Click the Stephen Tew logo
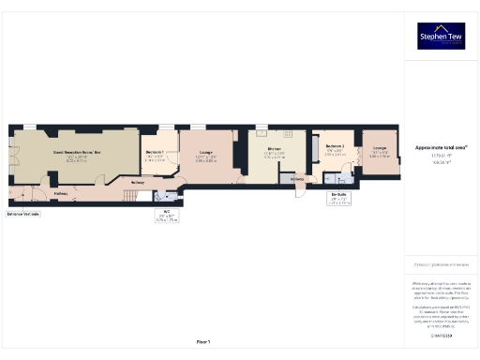[440, 37]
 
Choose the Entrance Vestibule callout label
[23, 214]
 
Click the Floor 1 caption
[202, 340]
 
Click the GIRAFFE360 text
[441, 334]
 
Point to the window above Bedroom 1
[167, 127]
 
